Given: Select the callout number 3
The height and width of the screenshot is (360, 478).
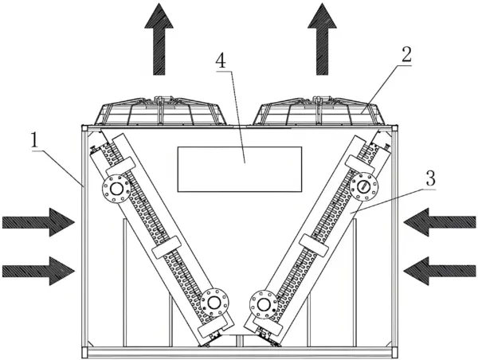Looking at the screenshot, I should click(430, 178).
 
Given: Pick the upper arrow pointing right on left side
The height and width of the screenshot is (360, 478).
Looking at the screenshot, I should click(37, 221).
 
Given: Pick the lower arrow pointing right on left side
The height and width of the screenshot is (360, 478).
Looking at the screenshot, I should click(37, 269).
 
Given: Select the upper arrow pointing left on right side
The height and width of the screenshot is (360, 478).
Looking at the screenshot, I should click(440, 221).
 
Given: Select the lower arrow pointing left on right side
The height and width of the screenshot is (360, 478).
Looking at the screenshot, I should click(440, 269).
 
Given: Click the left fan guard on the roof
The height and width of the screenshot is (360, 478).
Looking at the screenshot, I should click(163, 112).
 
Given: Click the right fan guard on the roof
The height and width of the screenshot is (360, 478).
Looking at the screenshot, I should click(319, 112).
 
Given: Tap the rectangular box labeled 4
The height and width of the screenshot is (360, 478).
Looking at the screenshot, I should click(239, 169).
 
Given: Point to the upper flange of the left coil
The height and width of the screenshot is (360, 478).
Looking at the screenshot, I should click(118, 189).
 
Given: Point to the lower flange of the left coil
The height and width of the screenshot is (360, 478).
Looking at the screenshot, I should click(214, 303).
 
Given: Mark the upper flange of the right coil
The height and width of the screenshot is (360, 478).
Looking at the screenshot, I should click(364, 186).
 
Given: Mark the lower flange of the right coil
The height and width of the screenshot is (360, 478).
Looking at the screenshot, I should click(263, 304).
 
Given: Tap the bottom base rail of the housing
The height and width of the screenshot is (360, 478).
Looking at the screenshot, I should click(239, 351).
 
